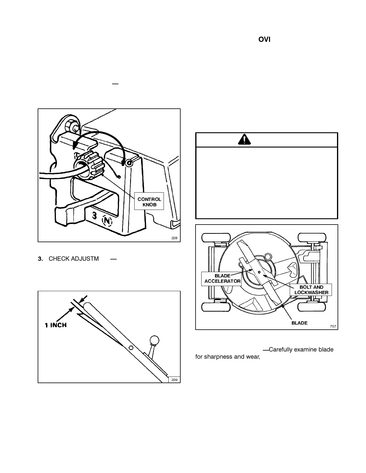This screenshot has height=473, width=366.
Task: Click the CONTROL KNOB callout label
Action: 149,202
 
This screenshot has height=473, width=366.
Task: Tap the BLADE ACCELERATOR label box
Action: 222,279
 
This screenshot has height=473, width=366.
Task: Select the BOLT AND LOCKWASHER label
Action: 311,290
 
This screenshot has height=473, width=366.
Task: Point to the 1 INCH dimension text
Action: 56,325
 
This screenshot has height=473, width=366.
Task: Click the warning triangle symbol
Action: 245,140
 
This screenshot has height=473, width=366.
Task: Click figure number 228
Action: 174,238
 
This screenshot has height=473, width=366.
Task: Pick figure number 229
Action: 174,380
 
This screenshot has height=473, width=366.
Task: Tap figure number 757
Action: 333,326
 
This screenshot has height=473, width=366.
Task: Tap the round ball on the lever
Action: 154,340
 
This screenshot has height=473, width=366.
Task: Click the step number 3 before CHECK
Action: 40,259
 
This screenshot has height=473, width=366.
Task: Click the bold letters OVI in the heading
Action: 264,39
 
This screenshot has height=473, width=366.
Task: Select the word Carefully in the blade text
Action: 280,349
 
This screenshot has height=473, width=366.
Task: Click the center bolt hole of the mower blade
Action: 259,272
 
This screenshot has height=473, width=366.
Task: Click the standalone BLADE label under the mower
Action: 299,323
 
